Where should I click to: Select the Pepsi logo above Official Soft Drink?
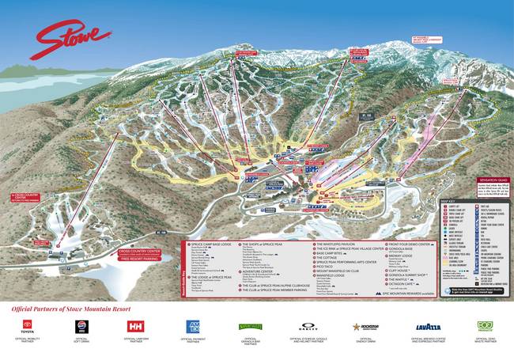[x=80, y=325]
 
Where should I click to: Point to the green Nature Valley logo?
[x=251, y=325]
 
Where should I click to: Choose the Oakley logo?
[x=309, y=325]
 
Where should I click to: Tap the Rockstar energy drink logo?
[x=365, y=325]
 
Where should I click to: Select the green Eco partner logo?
[x=485, y=325]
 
